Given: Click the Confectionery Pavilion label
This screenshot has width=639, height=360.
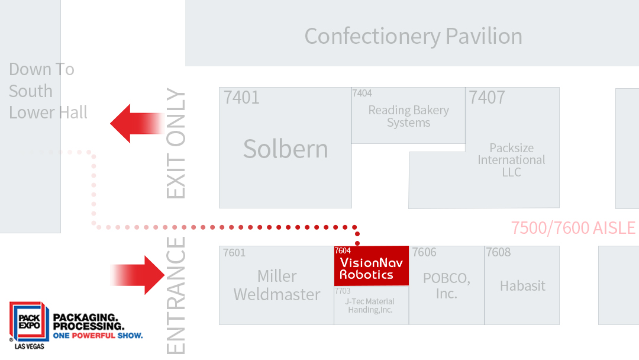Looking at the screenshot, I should (x=413, y=36).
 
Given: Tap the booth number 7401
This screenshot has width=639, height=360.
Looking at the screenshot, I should (x=241, y=98).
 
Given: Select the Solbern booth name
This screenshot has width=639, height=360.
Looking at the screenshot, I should (x=285, y=149).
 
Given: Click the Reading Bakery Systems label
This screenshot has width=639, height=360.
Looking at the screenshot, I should (x=408, y=117).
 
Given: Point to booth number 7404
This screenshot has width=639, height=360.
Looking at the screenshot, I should (x=362, y=94).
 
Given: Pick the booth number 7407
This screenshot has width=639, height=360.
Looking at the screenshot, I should (x=487, y=98).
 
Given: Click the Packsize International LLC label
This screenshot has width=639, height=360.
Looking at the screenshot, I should (x=511, y=160).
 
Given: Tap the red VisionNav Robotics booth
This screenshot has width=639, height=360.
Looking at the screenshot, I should (x=371, y=267).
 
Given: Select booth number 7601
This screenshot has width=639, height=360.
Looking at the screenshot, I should (x=234, y=253).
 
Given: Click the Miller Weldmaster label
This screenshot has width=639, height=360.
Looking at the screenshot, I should (x=277, y=285).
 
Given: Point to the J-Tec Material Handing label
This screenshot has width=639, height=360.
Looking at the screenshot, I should (x=370, y=306).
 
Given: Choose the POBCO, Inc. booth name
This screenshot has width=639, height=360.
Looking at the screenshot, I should (x=446, y=285).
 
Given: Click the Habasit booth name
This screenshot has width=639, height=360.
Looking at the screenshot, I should (x=522, y=286).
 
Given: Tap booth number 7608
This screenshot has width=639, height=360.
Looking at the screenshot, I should (x=498, y=253).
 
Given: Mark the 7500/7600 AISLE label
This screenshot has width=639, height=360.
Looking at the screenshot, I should (x=573, y=228).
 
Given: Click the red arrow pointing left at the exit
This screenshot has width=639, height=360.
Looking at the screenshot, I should (x=137, y=123).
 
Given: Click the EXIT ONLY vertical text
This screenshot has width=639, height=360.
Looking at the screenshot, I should (x=176, y=144).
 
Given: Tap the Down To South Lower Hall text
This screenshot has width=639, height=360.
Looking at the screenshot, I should (x=48, y=91).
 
